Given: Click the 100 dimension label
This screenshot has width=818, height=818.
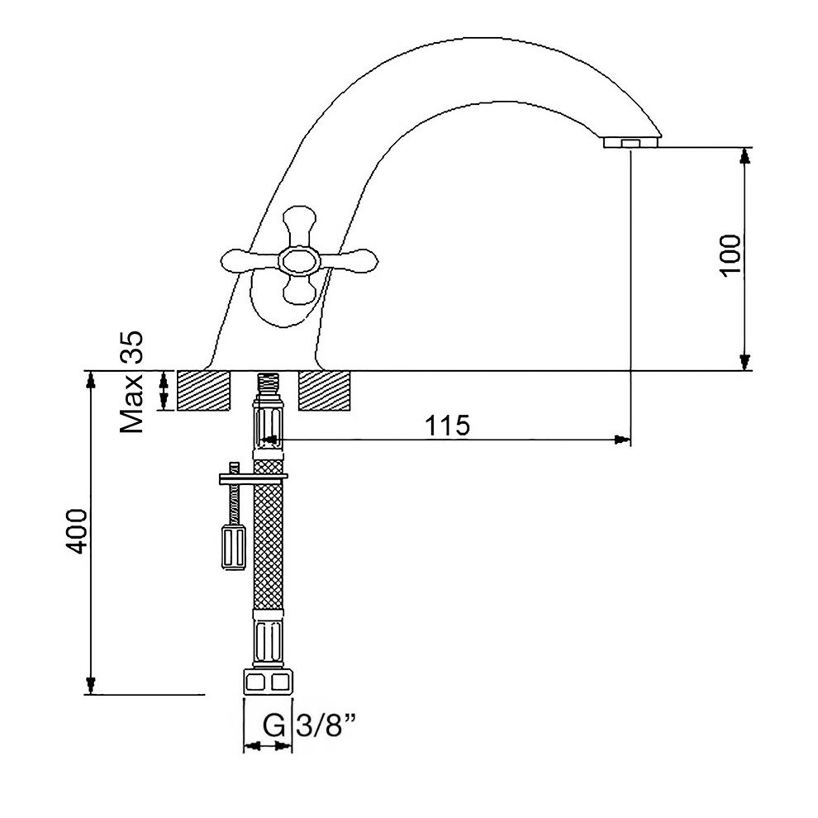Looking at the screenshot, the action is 730,255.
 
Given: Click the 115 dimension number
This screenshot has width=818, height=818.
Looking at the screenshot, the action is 448,426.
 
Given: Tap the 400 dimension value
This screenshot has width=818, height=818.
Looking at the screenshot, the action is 77,531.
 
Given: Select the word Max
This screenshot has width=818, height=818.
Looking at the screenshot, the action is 131,402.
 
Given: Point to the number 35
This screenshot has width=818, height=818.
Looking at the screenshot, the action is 131,346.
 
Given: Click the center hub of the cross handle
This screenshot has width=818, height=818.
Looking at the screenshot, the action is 297,259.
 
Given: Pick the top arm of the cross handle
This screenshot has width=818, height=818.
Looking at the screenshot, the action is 299,228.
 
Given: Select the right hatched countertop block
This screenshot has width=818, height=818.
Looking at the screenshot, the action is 325,391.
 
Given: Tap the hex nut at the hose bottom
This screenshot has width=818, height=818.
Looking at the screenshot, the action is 269,681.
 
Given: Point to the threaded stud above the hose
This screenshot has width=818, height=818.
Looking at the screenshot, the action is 269,386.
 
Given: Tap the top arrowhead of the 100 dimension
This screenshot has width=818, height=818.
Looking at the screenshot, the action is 746,156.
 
